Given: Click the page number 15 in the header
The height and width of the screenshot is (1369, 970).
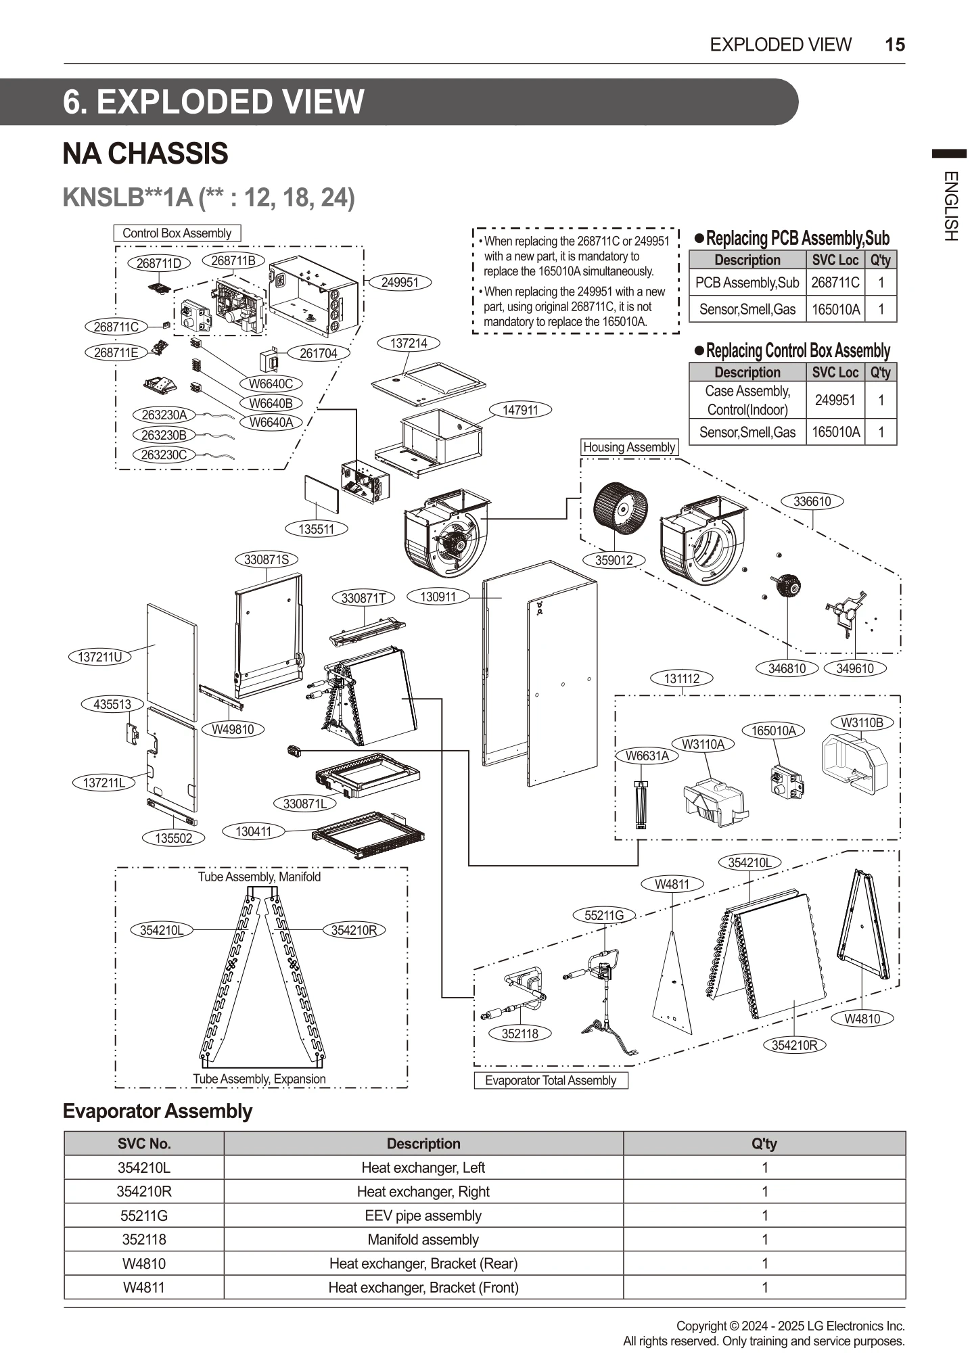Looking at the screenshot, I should tap(894, 45).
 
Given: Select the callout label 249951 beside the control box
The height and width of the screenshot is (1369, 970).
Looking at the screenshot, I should tap(400, 282).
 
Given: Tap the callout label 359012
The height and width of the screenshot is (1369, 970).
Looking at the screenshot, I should tap(614, 560).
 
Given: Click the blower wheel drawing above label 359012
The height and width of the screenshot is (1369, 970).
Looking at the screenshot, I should tap(620, 508).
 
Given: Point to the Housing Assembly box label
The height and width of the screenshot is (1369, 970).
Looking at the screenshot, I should tap(629, 447).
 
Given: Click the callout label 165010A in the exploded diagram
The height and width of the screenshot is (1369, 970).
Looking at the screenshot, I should tap(774, 730).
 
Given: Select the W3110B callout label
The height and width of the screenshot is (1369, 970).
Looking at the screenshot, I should tap(862, 722).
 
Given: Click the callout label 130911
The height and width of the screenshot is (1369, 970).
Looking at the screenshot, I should tap(438, 597).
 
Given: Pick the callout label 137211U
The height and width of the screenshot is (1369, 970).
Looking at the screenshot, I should tap(100, 656).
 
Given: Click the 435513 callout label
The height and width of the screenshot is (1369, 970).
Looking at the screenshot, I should tap(112, 704).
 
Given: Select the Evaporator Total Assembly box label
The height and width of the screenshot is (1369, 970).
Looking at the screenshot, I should tap(551, 1080).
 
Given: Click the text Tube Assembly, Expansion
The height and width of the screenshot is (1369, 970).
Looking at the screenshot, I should tap(259, 1079).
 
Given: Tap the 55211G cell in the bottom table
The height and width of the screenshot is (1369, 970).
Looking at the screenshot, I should tap(143, 1215).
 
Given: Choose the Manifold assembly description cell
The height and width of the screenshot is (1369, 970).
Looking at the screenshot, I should tap(423, 1240).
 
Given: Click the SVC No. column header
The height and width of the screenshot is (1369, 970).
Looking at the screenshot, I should tap(143, 1144).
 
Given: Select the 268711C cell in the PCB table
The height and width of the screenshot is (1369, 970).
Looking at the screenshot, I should tap(835, 283).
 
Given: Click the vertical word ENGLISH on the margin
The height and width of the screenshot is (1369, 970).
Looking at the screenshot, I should tap(950, 206).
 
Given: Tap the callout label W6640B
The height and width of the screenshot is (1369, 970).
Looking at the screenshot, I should tap(271, 403).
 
